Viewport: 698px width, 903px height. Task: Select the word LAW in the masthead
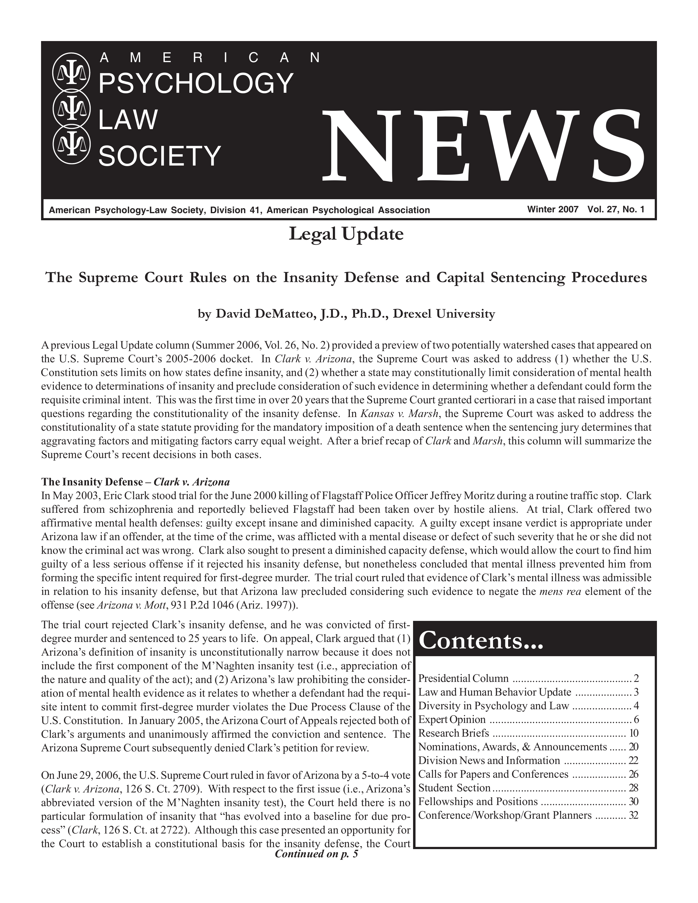pyautogui.click(x=128, y=119)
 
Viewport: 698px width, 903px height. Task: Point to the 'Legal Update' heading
pyautogui.click(x=346, y=235)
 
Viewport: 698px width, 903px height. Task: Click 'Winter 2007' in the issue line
pyautogui.click(x=552, y=210)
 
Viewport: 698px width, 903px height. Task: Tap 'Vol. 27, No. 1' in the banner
pyautogui.click(x=616, y=210)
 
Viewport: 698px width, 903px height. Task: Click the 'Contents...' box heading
pyautogui.click(x=481, y=641)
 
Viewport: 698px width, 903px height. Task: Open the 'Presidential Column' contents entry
pyautogui.click(x=463, y=679)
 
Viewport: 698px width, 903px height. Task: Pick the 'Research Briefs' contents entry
pyautogui.click(x=454, y=733)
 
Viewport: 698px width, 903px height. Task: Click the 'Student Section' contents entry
pyautogui.click(x=454, y=788)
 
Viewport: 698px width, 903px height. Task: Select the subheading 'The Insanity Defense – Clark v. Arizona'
pyautogui.click(x=135, y=482)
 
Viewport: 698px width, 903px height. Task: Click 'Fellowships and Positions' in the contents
pyautogui.click(x=478, y=802)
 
